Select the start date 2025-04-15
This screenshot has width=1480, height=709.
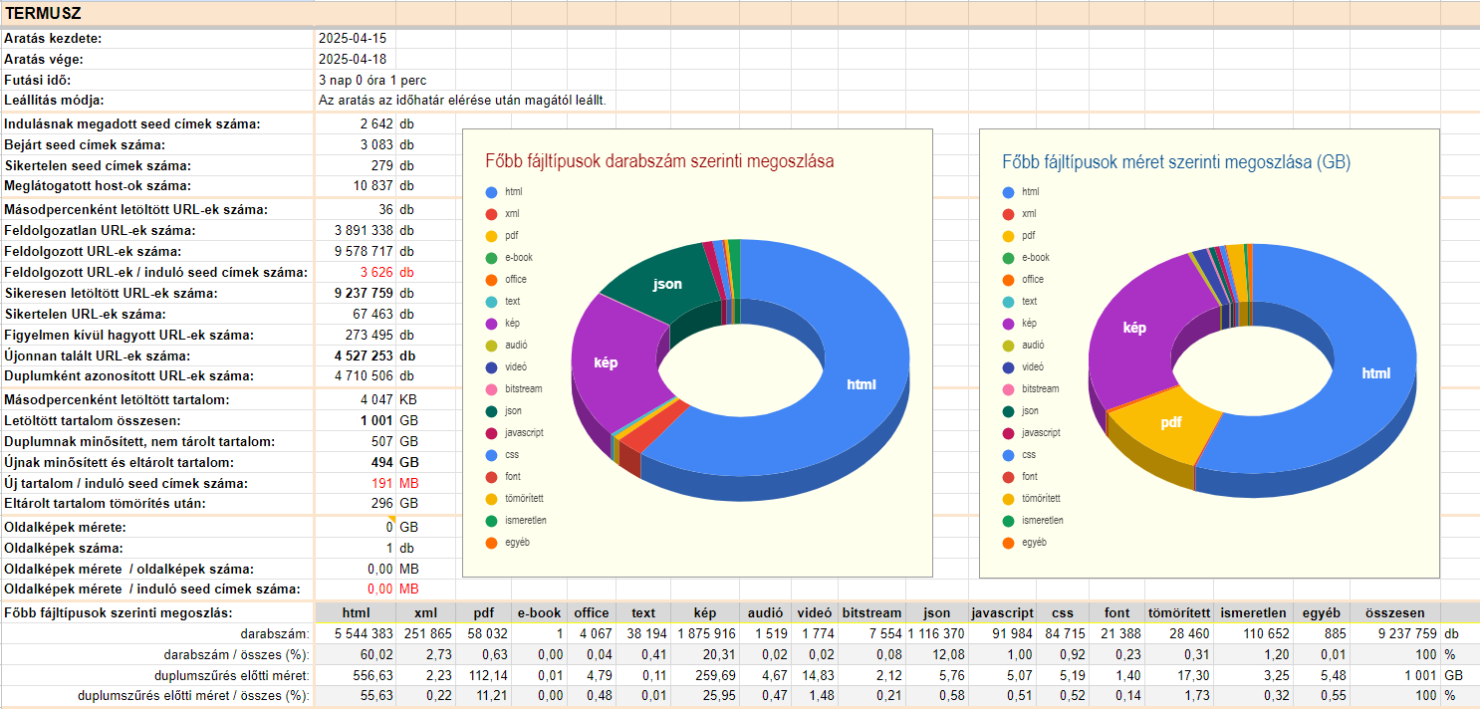(x=352, y=38)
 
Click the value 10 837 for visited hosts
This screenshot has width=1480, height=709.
(x=373, y=186)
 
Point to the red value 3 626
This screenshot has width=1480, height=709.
(x=376, y=272)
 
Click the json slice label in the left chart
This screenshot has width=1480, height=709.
(x=667, y=285)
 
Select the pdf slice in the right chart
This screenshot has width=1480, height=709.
(x=1170, y=422)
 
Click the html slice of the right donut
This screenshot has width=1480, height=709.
(x=1375, y=373)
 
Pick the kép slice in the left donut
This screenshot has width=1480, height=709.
(x=605, y=362)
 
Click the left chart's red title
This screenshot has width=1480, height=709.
(x=659, y=161)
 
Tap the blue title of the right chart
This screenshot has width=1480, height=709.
(x=1175, y=161)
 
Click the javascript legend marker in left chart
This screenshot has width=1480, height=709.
(x=491, y=433)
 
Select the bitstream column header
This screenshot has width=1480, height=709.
(x=871, y=613)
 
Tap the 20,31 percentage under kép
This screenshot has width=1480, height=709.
(x=707, y=654)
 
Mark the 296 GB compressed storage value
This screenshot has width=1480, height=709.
(x=379, y=503)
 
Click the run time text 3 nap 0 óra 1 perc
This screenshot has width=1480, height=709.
(x=372, y=80)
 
